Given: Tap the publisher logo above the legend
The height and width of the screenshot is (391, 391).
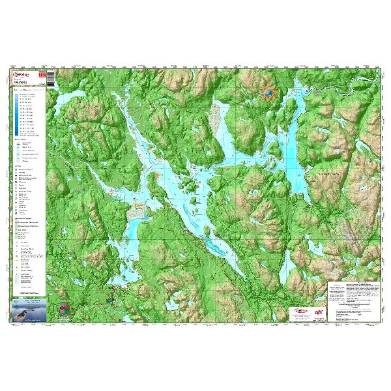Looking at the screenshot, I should [23, 75].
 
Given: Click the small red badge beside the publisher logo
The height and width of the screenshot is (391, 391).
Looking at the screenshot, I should [42, 76].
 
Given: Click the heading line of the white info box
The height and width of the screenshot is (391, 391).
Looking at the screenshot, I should [352, 285].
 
